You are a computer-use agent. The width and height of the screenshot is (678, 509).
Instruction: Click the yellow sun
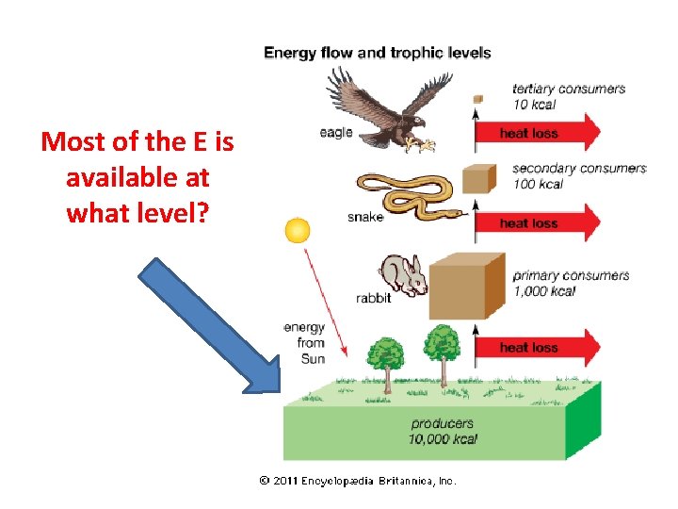[298, 231]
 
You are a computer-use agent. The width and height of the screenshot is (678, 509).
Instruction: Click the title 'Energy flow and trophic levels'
[377, 53]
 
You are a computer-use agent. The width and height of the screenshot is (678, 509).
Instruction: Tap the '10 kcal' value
[534, 105]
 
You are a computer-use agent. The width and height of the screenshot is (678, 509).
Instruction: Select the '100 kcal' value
[538, 184]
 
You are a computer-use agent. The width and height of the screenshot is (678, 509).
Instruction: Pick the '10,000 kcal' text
[443, 439]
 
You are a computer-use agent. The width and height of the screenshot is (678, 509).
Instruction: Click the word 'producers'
[443, 423]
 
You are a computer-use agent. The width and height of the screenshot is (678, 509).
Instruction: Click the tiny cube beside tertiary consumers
[478, 97]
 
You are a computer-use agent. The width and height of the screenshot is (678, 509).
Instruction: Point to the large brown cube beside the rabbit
[465, 287]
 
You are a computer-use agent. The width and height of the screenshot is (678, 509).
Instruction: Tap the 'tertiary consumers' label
[569, 90]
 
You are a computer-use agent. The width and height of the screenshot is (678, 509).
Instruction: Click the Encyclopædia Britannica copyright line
[358, 481]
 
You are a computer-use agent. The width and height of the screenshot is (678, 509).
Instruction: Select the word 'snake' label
[365, 218]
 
